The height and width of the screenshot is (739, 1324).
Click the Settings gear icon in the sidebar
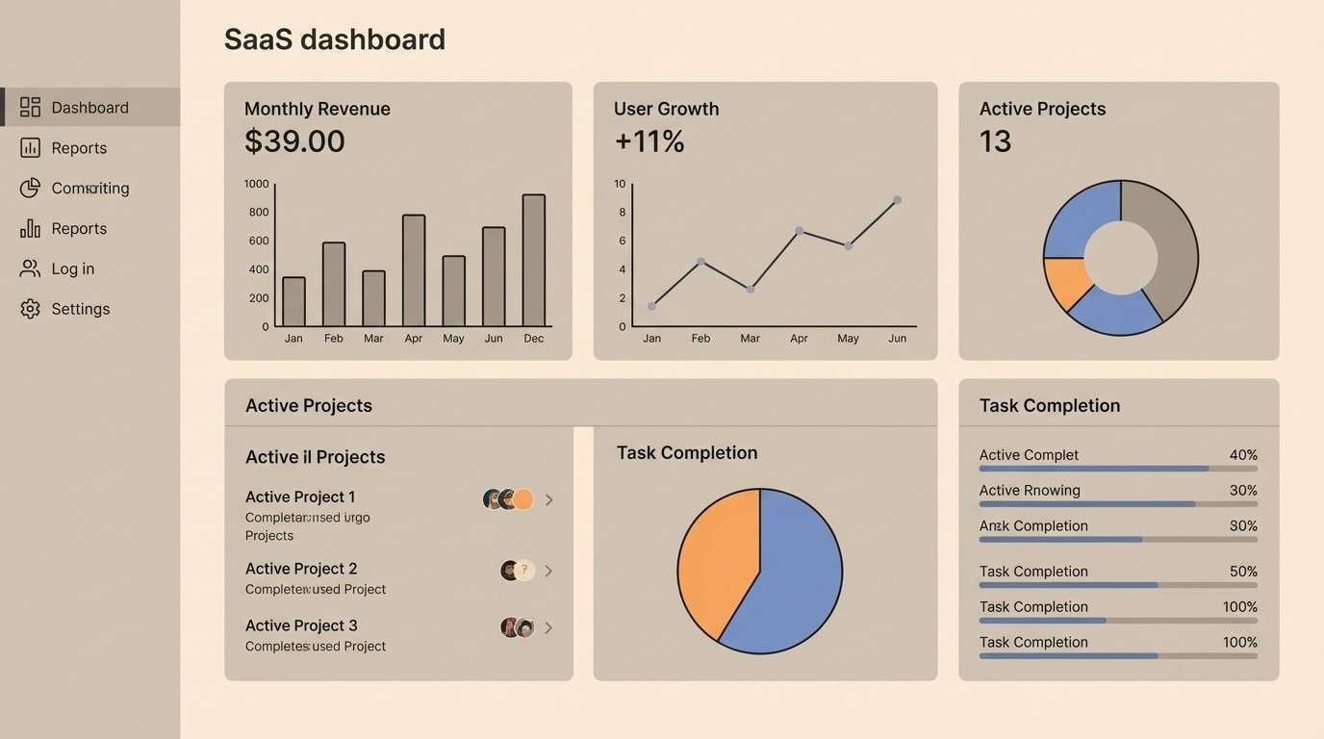tap(31, 309)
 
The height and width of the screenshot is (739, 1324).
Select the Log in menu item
tap(72, 268)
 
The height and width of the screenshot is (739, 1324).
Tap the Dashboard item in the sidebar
tap(89, 107)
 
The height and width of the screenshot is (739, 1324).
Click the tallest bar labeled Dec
tap(534, 260)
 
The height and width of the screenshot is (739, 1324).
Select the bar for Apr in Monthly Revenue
tap(414, 270)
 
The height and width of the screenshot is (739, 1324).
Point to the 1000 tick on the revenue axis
tap(257, 184)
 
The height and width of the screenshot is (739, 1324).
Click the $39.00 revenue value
tap(294, 141)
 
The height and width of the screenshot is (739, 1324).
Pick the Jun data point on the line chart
tap(897, 200)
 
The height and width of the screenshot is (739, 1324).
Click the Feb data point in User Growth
tap(700, 261)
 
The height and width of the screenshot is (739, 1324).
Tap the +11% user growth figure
tap(649, 141)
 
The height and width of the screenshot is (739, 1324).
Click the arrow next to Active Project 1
tap(548, 499)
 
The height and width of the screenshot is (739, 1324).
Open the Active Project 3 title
tap(301, 625)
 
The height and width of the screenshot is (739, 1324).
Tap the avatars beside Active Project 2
tap(517, 571)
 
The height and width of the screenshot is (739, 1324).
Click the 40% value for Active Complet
tap(1243, 455)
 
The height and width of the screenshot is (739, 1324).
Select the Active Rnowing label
tap(1030, 491)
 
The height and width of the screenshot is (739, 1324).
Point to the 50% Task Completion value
tap(1243, 572)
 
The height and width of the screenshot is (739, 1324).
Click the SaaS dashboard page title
tap(334, 39)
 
